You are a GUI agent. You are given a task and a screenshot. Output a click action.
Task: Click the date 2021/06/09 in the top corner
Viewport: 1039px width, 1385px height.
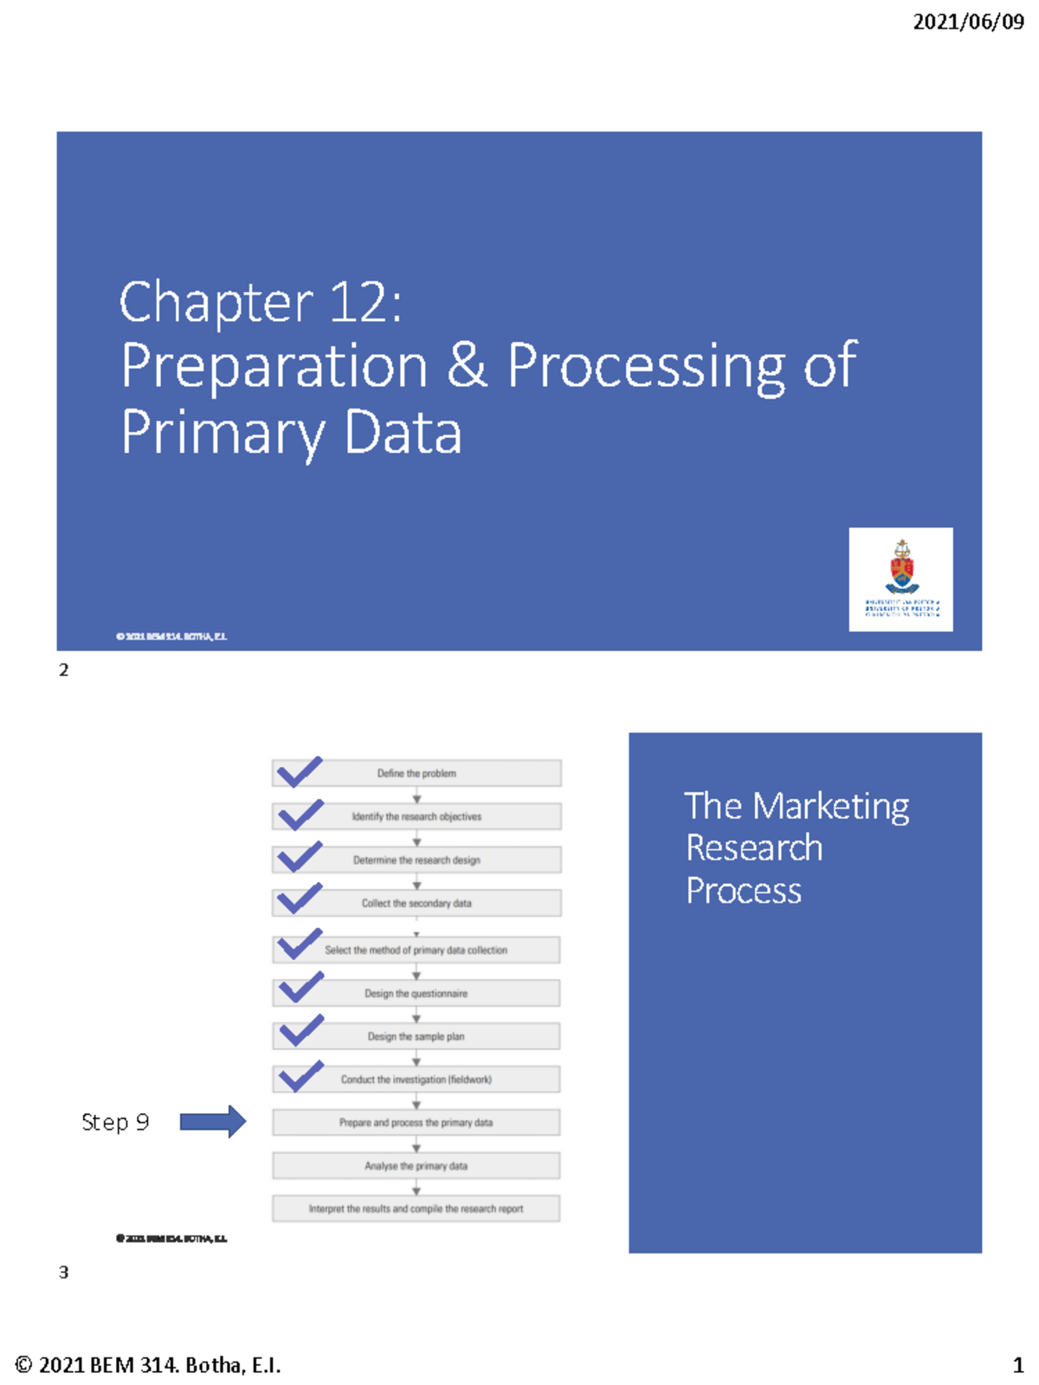(x=968, y=22)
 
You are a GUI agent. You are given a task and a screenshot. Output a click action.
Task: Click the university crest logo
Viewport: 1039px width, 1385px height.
(x=901, y=578)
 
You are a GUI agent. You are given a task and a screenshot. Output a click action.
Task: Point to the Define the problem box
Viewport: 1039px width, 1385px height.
(x=416, y=773)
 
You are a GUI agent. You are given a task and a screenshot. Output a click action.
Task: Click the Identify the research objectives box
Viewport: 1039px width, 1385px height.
(x=416, y=816)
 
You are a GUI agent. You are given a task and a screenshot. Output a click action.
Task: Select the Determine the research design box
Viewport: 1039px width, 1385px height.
(x=416, y=860)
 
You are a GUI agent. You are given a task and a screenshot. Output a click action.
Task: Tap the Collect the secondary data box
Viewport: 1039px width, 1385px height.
(x=416, y=903)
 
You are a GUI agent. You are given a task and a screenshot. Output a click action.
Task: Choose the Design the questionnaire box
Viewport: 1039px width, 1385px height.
(x=416, y=993)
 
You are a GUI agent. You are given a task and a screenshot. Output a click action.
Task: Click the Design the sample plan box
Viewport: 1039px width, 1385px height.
(x=416, y=1036)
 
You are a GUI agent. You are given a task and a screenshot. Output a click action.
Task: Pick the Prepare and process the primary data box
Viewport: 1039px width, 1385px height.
(x=416, y=1123)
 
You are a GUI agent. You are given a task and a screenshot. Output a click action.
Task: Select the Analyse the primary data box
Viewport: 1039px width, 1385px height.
(x=416, y=1166)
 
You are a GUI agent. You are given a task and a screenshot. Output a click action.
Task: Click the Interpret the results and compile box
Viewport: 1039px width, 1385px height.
(x=416, y=1208)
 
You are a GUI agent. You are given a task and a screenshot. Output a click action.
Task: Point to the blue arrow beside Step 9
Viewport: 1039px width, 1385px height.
(x=212, y=1122)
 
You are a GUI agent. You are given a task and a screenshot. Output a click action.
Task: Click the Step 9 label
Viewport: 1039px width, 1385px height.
(x=115, y=1123)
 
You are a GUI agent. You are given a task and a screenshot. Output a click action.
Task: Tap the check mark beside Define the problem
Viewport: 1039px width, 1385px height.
(x=300, y=771)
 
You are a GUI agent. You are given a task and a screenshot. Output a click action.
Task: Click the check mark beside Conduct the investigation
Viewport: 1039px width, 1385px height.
(x=300, y=1076)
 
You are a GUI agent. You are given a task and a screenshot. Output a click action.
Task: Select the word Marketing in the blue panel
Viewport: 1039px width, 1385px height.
(x=830, y=807)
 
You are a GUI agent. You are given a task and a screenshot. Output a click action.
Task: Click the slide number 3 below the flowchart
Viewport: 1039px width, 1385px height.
(x=63, y=1272)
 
